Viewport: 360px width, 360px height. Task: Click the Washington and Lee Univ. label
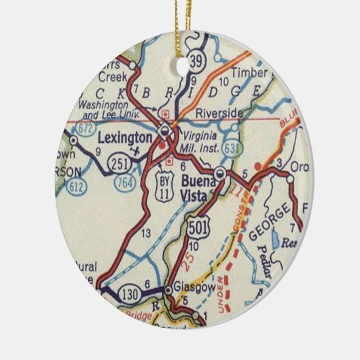pos(111,109)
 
